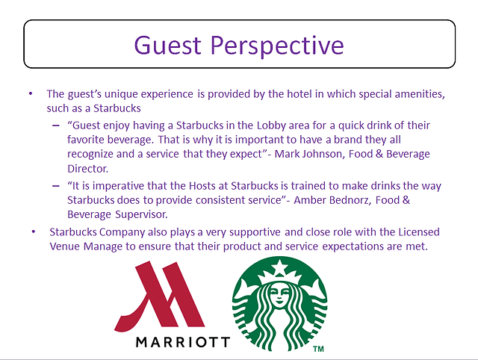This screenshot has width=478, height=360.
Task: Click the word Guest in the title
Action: pos(167,45)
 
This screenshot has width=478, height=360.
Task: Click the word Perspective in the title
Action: pos(277,46)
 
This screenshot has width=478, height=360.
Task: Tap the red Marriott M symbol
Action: pos(159,297)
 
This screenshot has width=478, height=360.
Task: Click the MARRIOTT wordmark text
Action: pos(182,342)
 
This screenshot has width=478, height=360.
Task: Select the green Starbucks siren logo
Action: pos(279,304)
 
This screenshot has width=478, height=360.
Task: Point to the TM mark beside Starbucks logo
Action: pos(318,349)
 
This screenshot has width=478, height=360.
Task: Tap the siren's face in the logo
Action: pos(279,295)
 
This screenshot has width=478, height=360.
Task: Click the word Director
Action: pos(88,169)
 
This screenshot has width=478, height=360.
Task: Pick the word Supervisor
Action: pos(141,214)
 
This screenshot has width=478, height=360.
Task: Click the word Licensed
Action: pos(419,232)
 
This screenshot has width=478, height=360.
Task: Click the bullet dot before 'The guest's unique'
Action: pos(31,93)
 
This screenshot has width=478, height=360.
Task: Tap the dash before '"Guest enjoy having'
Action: pos(56,125)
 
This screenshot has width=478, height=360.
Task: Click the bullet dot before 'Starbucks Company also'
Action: pos(34,232)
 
